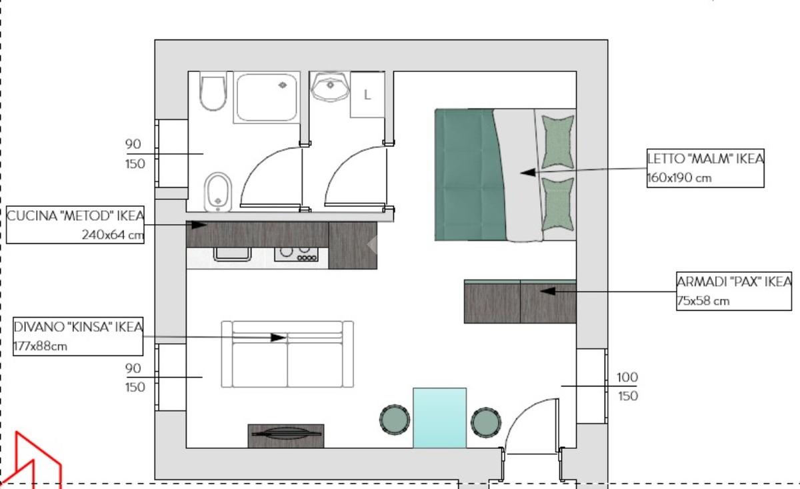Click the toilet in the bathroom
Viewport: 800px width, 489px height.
pos(213,93)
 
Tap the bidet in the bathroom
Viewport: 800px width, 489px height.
pos(217,192)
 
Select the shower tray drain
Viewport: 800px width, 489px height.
pos(283,85)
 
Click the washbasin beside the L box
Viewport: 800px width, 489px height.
pos(330,87)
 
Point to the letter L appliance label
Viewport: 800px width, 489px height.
pos(367,95)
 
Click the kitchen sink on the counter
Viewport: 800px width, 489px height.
pos(232,254)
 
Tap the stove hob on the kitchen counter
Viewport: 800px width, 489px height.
pos(296,254)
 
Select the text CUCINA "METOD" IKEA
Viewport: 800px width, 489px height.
pos(75,216)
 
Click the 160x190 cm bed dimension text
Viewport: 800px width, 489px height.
pos(679,177)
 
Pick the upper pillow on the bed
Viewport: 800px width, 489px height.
pos(557,141)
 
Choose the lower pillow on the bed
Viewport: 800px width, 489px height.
pos(557,205)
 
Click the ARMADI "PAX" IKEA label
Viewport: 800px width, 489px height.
pos(734,282)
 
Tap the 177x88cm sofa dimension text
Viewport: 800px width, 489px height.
pos(41,346)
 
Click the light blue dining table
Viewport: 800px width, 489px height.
pos(439,418)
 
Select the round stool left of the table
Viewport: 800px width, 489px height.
pos(395,420)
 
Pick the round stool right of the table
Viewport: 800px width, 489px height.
pos(486,422)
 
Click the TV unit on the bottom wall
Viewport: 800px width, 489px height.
pos(286,436)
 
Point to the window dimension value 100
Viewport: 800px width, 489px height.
pos(627,377)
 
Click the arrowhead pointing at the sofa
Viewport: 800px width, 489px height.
pos(278,338)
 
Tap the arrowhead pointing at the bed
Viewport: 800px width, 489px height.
pos(528,172)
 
